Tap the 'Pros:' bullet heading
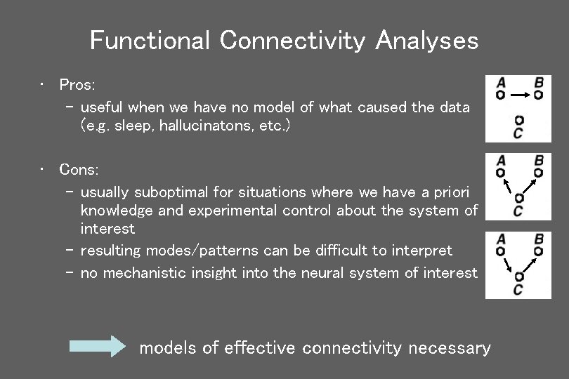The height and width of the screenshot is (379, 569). pyautogui.click(x=77, y=85)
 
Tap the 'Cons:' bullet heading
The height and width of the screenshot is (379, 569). pyautogui.click(x=79, y=170)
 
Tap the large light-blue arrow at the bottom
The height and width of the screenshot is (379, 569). pyautogui.click(x=96, y=347)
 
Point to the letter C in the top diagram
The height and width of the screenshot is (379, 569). pyautogui.click(x=518, y=132)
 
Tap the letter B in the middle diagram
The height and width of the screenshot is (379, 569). pyautogui.click(x=538, y=160)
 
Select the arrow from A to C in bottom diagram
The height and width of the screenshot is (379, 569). pyautogui.click(x=508, y=263)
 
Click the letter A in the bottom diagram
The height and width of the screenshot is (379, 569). pyautogui.click(x=500, y=239)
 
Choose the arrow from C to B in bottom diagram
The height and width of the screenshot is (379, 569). pyautogui.click(x=530, y=263)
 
